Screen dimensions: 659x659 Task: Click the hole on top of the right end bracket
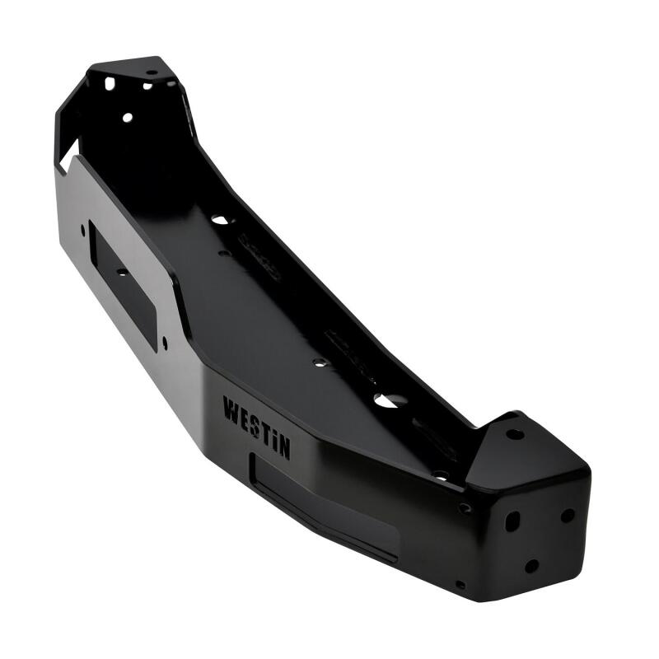point(514,433)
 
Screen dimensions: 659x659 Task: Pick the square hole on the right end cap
point(512,521)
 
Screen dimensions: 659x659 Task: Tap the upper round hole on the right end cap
point(568,515)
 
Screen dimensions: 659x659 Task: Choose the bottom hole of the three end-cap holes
point(532,566)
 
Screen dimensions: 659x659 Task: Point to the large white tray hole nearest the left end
point(220,220)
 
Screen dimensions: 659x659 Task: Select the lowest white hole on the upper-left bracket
point(128,118)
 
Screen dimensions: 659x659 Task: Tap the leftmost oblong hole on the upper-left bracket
point(110,83)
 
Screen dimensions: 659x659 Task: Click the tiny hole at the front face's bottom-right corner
point(460,585)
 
